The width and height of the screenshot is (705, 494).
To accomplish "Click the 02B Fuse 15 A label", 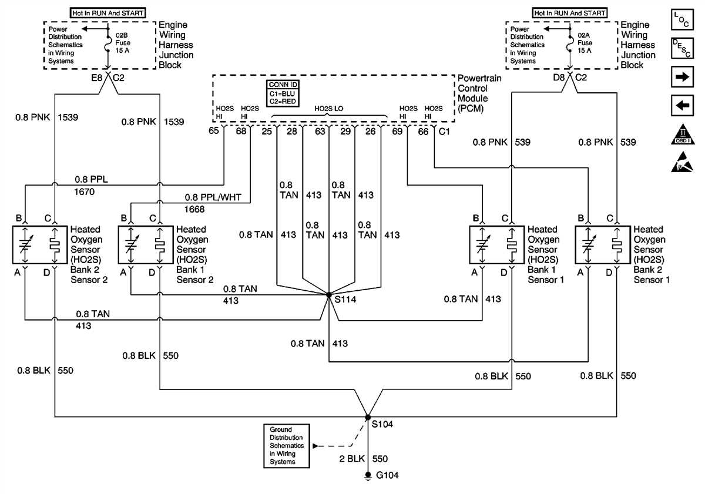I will click(x=123, y=43).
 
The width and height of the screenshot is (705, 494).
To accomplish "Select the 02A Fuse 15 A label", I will click(x=585, y=43).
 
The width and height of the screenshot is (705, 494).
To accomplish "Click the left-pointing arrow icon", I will click(x=682, y=106).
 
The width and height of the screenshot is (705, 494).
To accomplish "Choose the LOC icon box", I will click(x=682, y=18).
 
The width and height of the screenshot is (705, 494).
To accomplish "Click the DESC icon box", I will click(x=682, y=48).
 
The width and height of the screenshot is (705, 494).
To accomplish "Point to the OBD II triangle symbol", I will click(x=682, y=135).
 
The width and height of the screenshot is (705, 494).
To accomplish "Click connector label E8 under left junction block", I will click(x=96, y=76).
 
